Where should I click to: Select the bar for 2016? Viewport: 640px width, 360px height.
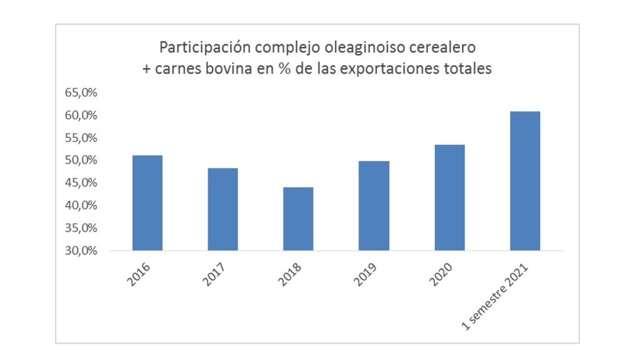(x=147, y=202)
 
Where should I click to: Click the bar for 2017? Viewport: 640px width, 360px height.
(x=222, y=209)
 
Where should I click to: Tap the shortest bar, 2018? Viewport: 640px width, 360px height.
(x=298, y=219)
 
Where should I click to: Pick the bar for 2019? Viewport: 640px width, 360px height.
(x=374, y=206)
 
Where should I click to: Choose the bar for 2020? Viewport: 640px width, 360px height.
(x=449, y=197)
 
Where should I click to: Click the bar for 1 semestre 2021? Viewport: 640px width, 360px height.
(x=525, y=181)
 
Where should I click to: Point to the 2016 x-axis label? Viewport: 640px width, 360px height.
(x=139, y=273)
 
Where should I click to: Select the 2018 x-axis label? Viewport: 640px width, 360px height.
(x=289, y=273)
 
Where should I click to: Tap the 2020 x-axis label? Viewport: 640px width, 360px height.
(x=441, y=273)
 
